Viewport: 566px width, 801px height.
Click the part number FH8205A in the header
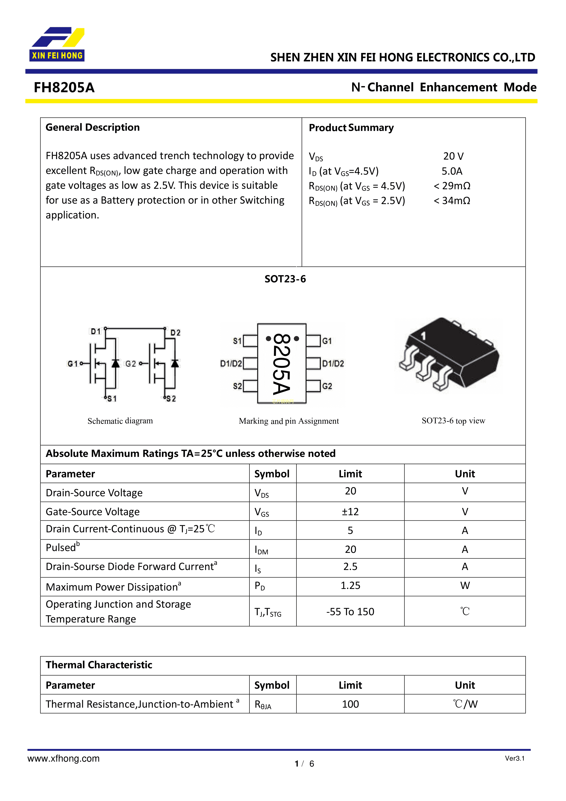(64, 88)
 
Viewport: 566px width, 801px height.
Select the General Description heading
(92, 127)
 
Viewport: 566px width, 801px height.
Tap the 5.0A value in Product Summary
(452, 171)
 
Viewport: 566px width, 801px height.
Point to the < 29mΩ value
(452, 186)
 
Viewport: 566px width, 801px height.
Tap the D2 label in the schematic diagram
(176, 332)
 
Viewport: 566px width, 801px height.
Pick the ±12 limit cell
(350, 512)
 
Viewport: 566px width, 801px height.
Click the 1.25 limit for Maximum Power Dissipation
(350, 586)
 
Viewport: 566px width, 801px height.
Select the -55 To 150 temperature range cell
(350, 612)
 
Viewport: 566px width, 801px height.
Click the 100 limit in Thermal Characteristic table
(350, 704)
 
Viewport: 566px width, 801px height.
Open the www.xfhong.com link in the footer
(63, 759)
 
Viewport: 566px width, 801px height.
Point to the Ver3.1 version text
(514, 758)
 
